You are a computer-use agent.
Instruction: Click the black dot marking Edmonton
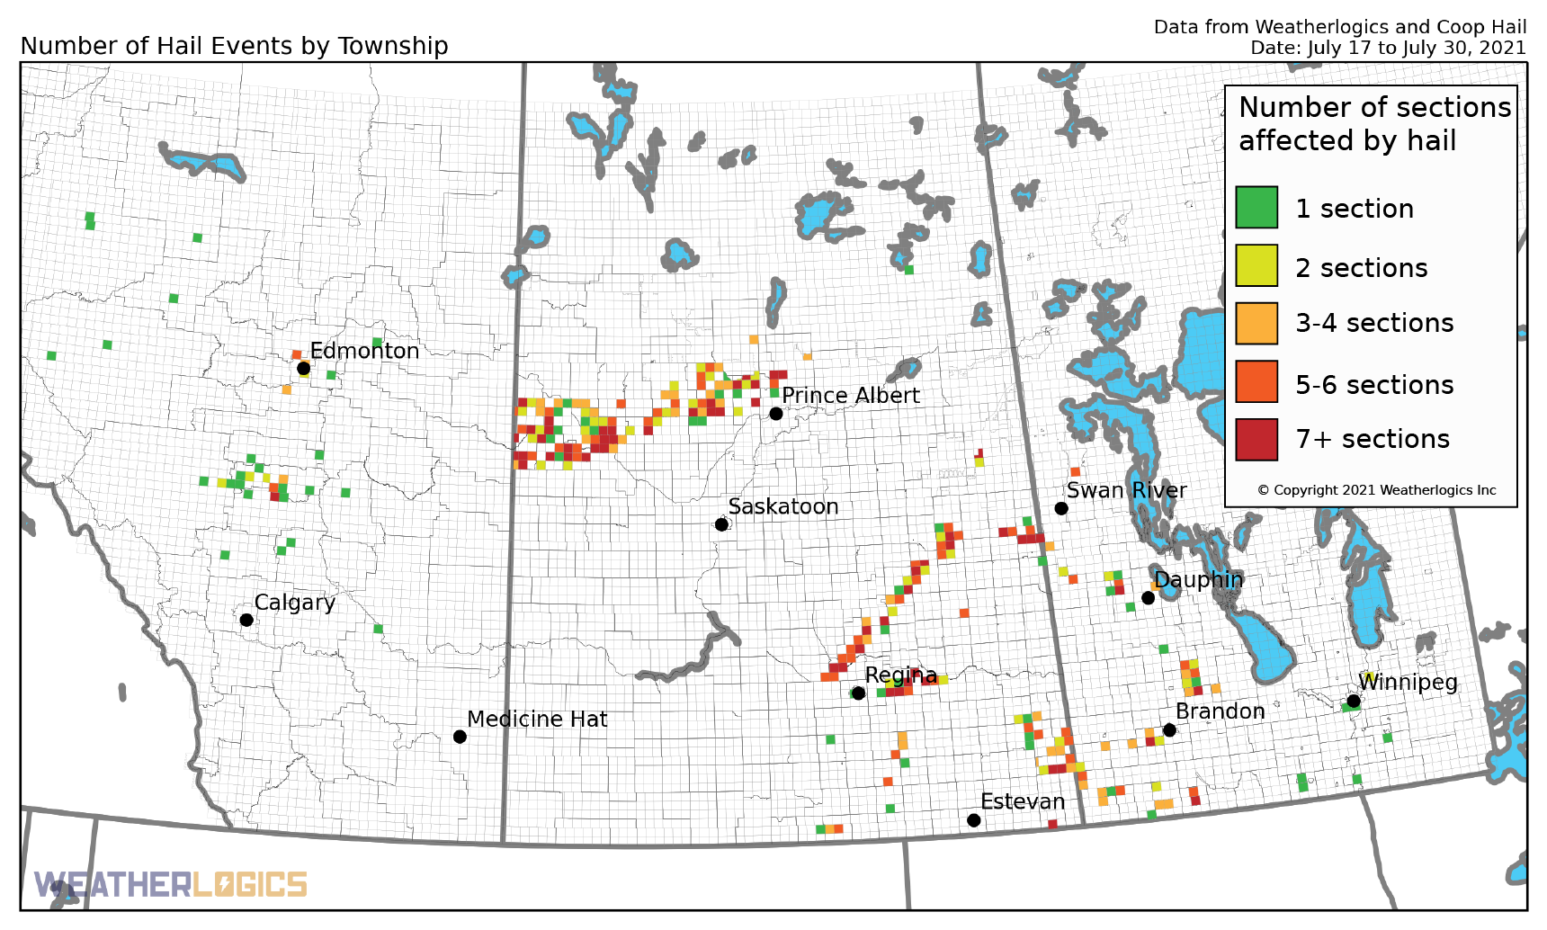click(x=303, y=368)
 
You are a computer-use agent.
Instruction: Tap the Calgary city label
click(x=294, y=603)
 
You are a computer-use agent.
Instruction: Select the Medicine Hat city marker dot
click(x=460, y=737)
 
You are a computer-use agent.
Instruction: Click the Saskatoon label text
click(x=782, y=507)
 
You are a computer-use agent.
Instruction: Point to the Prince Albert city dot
click(x=776, y=414)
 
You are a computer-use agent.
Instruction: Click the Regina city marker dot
click(x=858, y=693)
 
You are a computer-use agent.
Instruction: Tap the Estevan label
click(x=1022, y=801)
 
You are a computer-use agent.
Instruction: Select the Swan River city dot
click(x=1061, y=509)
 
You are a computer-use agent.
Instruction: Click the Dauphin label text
click(x=1198, y=580)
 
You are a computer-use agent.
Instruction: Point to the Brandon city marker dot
click(x=1169, y=730)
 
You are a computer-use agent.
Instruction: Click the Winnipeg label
click(x=1407, y=682)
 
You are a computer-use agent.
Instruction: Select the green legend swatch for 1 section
click(x=1256, y=208)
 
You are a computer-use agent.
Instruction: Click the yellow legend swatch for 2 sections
click(x=1256, y=266)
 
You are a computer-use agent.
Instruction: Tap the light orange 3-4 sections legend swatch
click(x=1256, y=323)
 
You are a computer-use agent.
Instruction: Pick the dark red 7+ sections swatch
click(x=1256, y=439)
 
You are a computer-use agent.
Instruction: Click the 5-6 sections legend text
click(x=1373, y=385)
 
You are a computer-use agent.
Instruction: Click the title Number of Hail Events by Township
click(x=234, y=46)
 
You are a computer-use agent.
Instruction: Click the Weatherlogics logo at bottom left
click(x=171, y=885)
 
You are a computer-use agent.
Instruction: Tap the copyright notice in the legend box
click(x=1376, y=490)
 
